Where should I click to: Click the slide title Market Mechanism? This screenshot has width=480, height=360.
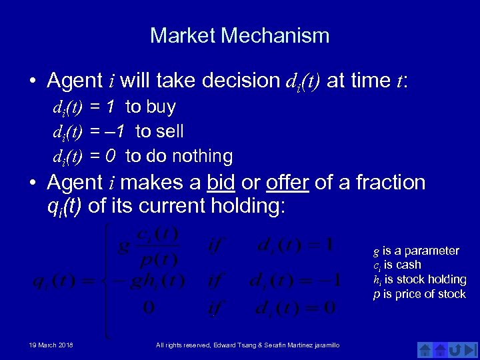tap(239, 35)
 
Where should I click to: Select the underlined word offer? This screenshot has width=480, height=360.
tap(287, 182)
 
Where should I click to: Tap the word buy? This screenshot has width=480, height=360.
tap(160, 107)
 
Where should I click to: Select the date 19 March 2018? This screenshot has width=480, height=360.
tap(51, 345)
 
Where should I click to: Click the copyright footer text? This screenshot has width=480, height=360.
tap(247, 345)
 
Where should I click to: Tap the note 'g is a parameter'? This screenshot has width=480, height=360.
tap(416, 251)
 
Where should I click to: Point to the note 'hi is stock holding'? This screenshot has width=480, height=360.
tap(419, 279)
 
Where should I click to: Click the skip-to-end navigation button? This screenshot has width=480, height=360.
tap(471, 349)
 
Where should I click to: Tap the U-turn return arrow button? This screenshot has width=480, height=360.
tap(456, 349)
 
